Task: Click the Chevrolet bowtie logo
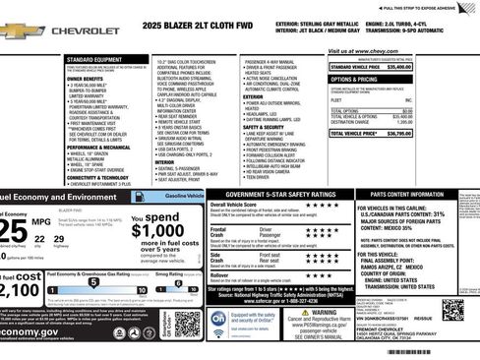[22, 31]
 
